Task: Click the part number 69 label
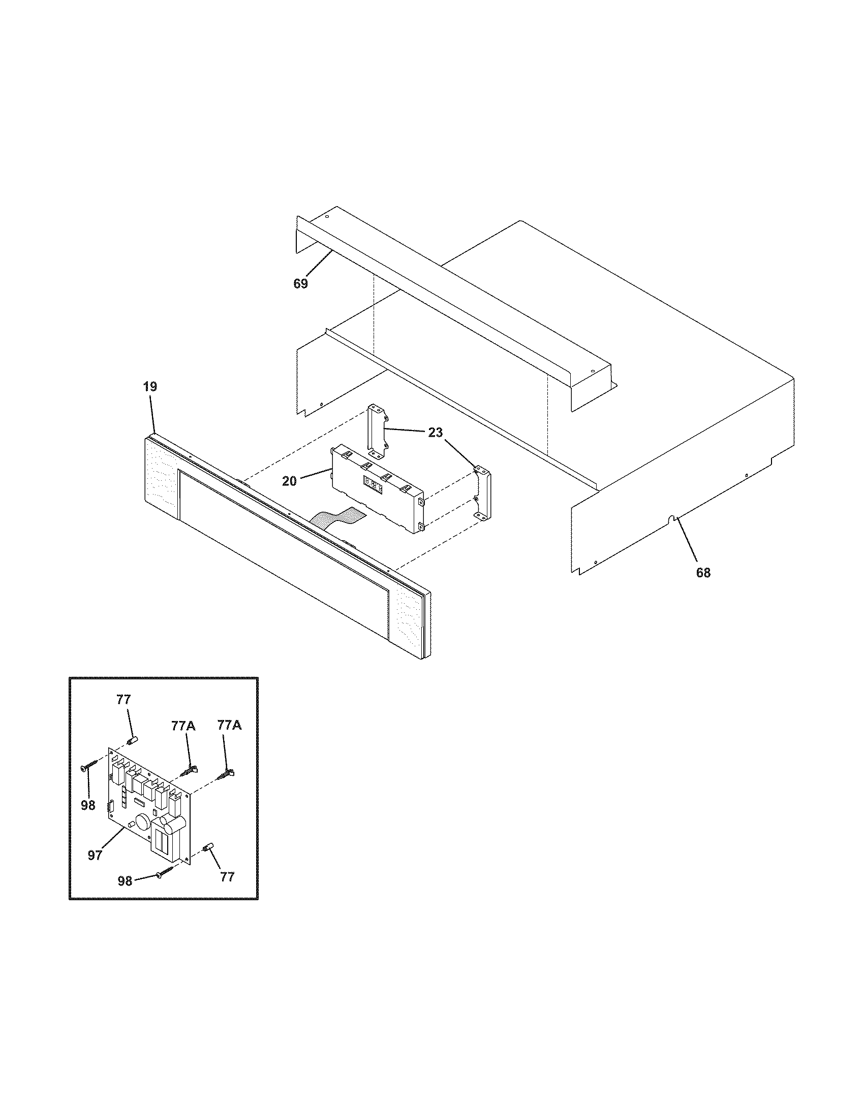[300, 283]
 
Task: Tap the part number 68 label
[703, 573]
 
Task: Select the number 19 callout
[149, 387]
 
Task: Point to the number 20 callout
[289, 481]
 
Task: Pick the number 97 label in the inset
[95, 855]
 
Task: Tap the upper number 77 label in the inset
[124, 700]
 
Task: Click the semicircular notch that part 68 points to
[673, 520]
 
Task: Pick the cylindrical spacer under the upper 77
[132, 741]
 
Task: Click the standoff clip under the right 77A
[226, 790]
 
